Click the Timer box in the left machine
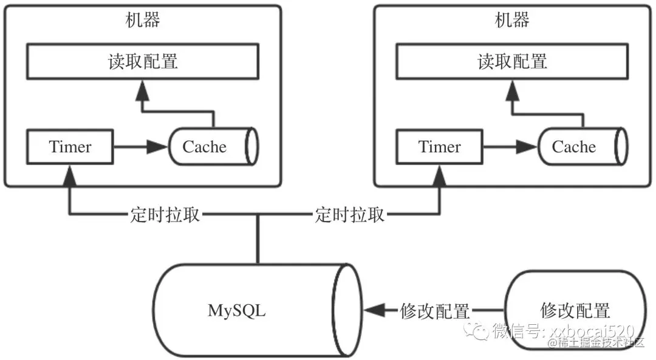point(70,147)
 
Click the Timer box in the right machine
point(440,147)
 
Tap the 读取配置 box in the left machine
point(143,61)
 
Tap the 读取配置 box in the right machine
point(513,61)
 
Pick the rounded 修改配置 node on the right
point(574,310)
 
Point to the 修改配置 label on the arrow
point(435,311)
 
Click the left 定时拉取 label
point(165,214)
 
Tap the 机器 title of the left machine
point(143,20)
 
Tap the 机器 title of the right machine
point(513,20)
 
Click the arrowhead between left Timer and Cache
point(159,147)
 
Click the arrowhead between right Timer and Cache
point(527,147)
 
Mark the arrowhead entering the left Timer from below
point(70,177)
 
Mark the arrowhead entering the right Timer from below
point(439,177)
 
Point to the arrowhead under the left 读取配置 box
point(142,91)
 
